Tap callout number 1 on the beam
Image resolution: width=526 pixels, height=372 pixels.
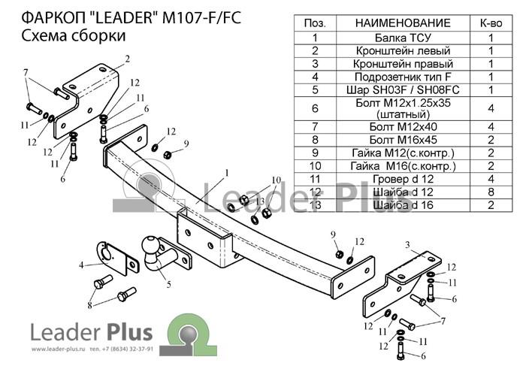coord(225,174)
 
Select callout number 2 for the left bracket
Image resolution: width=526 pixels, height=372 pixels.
coord(127,58)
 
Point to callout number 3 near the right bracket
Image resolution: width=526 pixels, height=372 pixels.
coord(407,245)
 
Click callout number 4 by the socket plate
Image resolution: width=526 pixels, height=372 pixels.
coord(81,264)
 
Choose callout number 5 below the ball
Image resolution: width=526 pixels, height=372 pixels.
coord(169,284)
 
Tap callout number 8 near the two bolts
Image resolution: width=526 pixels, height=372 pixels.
coord(90,305)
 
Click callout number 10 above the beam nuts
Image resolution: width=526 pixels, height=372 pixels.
coord(276,180)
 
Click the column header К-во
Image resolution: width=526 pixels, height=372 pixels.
coord(491,23)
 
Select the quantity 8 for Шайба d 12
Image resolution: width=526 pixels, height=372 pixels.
coord(491,192)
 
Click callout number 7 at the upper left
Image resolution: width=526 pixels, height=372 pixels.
coord(26,73)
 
